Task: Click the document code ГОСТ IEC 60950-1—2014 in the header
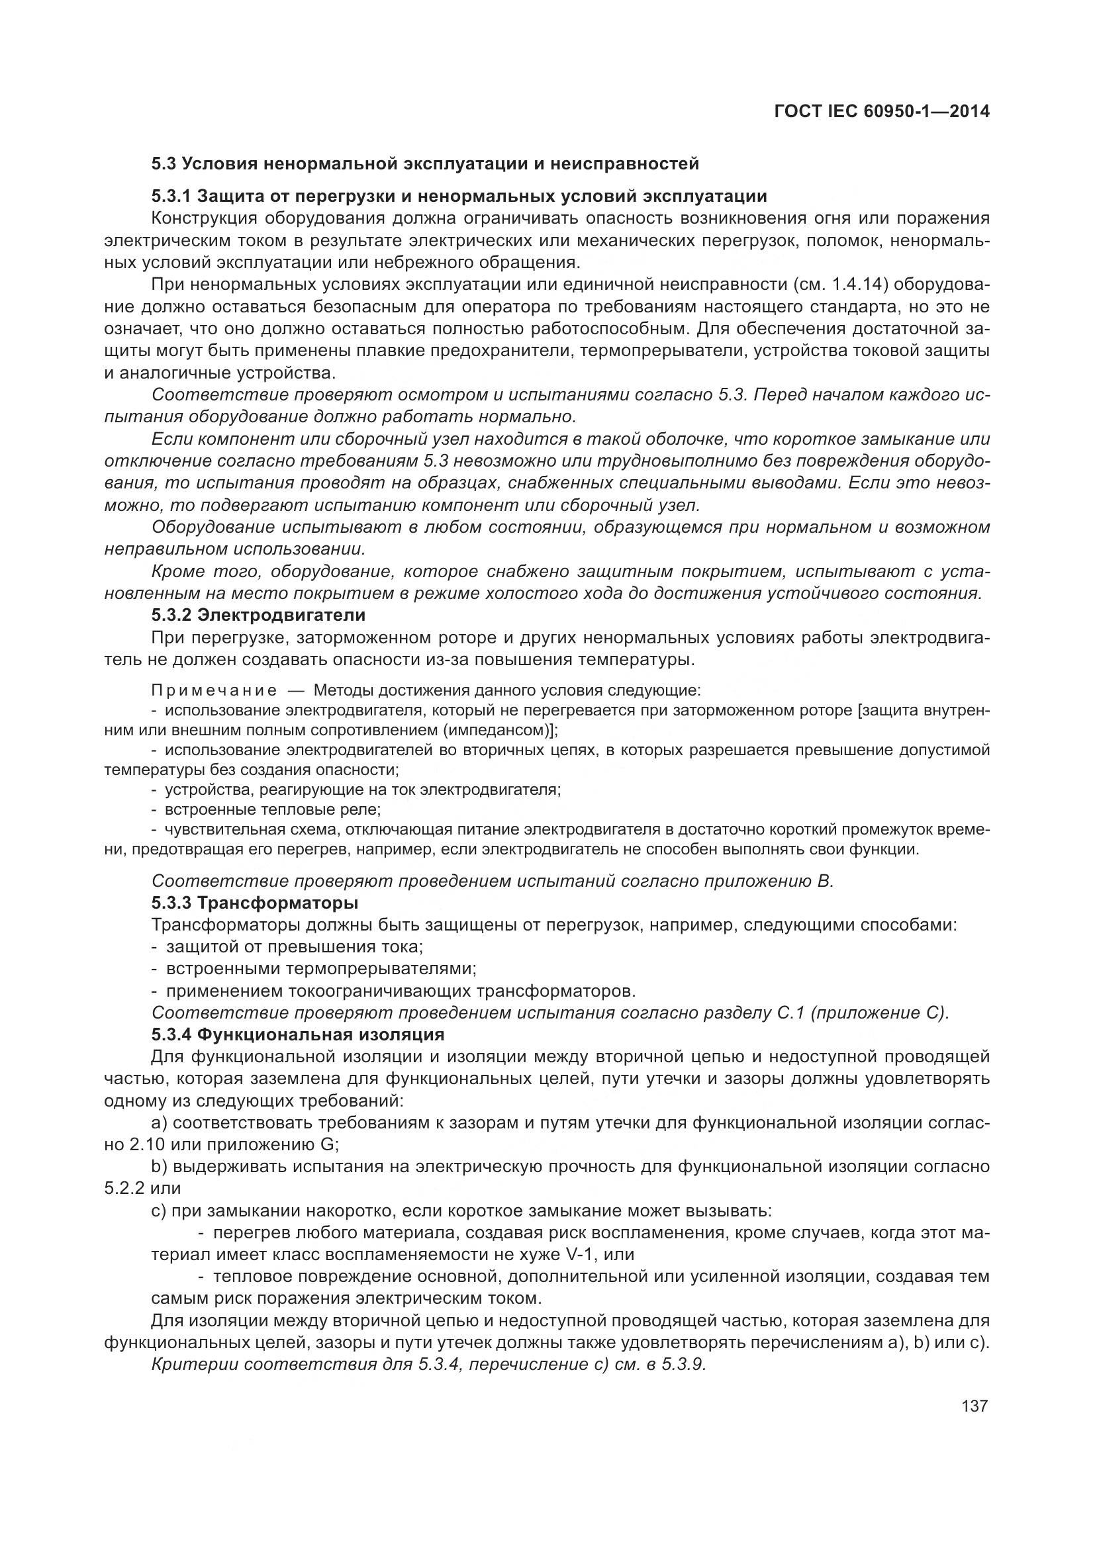pyautogui.click(x=882, y=111)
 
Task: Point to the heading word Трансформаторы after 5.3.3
pyautogui.click(x=277, y=902)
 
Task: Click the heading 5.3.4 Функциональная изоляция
pyautogui.click(x=297, y=1034)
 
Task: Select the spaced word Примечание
pyautogui.click(x=213, y=690)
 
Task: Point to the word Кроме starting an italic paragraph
pyautogui.click(x=177, y=572)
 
